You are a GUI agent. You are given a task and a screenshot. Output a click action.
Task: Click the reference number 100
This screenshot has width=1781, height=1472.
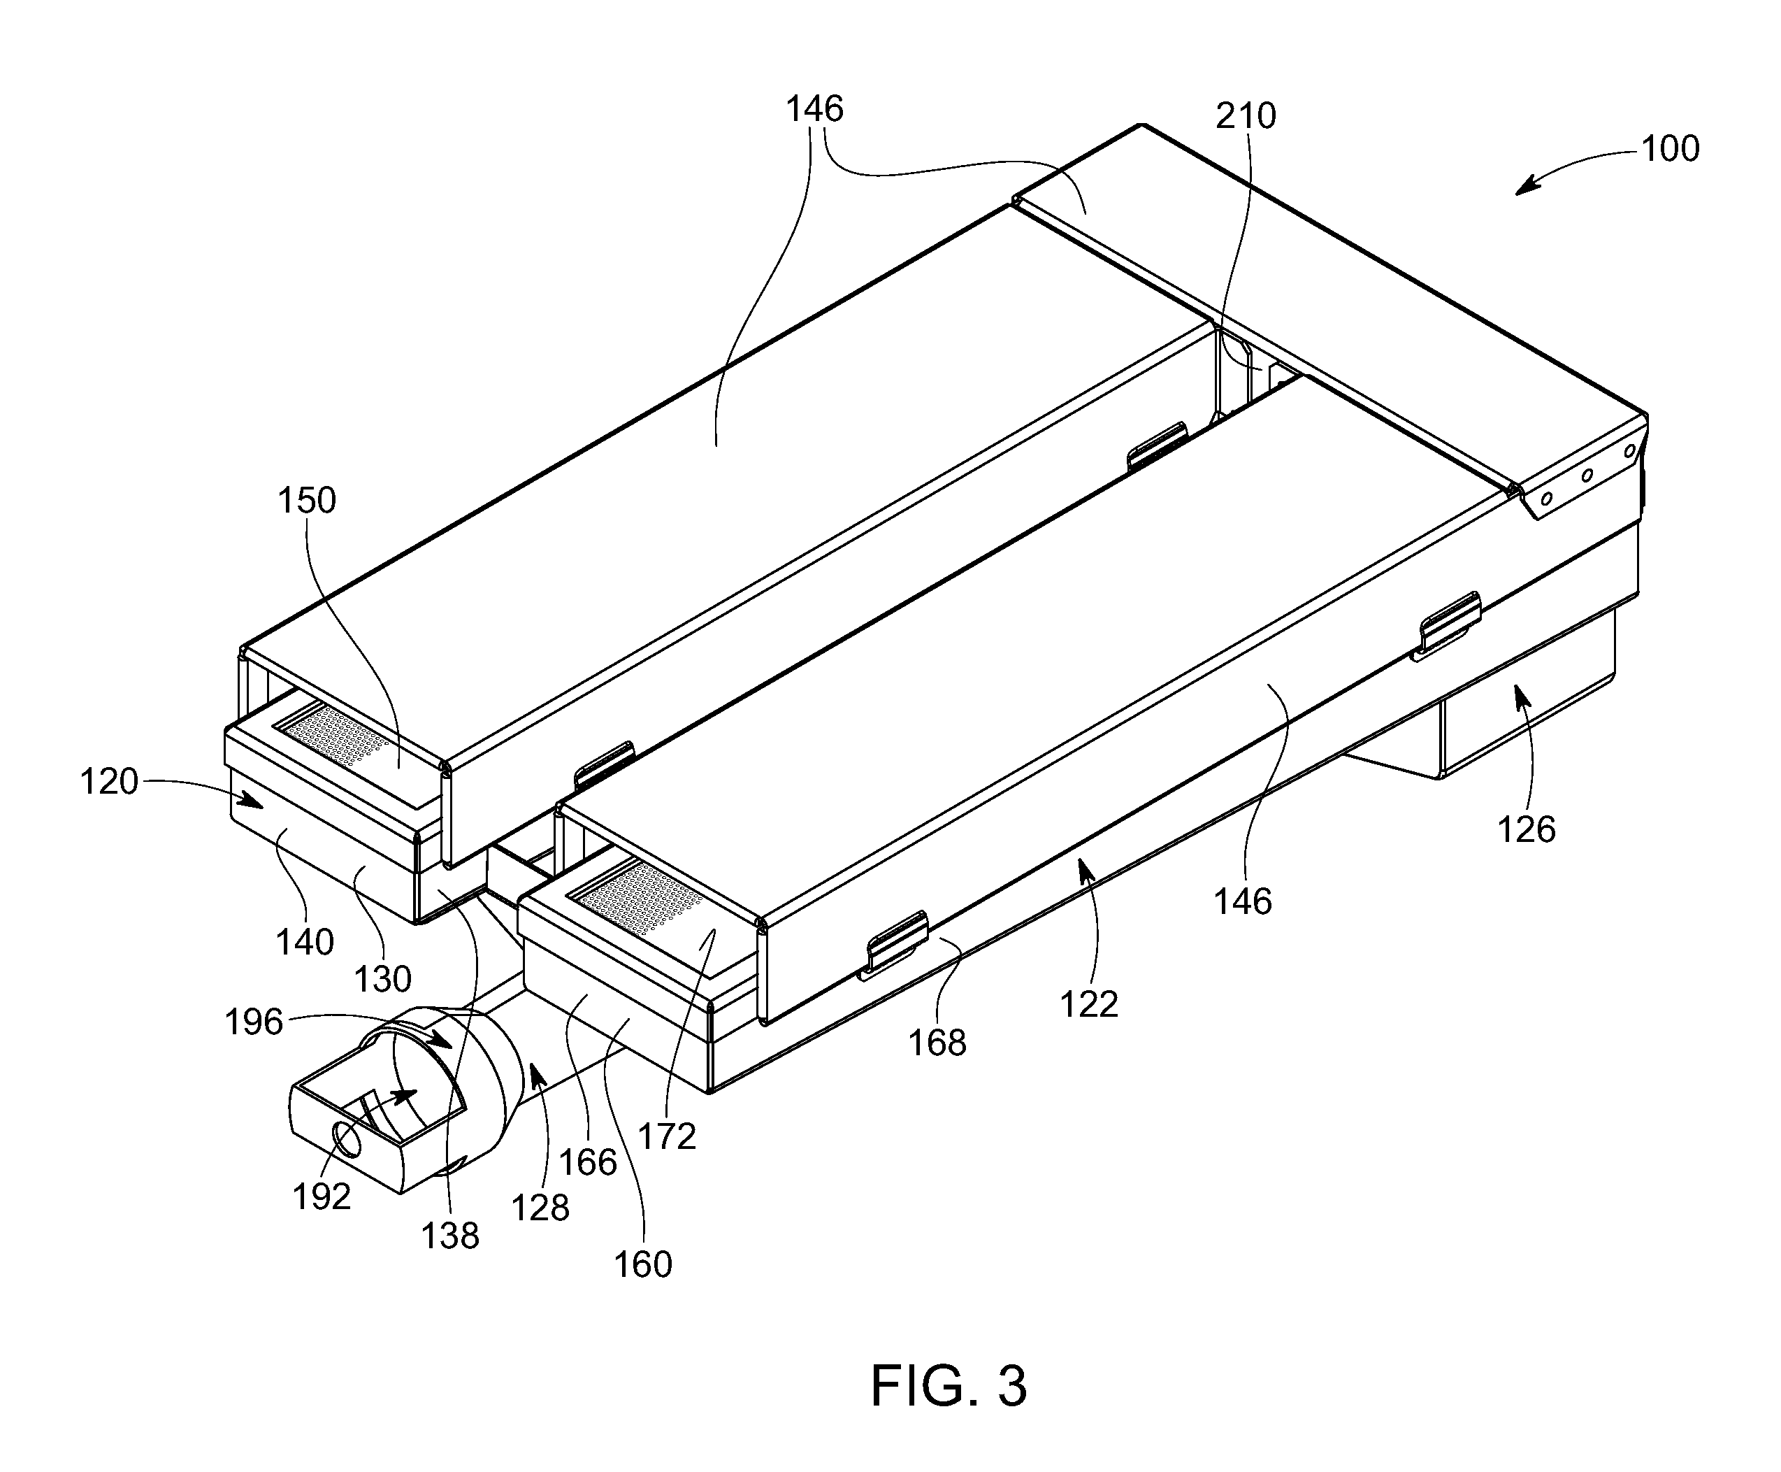[x=1670, y=148]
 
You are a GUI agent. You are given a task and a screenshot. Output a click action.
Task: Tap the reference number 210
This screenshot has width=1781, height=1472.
[x=1246, y=115]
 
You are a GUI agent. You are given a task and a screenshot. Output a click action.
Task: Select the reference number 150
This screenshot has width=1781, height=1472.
[x=307, y=501]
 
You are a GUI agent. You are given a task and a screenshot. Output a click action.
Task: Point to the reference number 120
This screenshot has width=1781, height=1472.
[x=108, y=781]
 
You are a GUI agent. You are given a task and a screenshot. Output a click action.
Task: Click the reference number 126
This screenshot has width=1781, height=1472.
[x=1526, y=829]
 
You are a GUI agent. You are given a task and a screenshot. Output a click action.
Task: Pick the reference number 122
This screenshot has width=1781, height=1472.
[x=1089, y=1005]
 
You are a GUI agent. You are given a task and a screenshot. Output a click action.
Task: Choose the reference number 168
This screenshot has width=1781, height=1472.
[x=937, y=1043]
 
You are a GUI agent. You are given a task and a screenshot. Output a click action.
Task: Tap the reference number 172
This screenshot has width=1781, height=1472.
[x=666, y=1136]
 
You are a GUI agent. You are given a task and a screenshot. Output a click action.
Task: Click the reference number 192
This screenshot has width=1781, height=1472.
[x=322, y=1196]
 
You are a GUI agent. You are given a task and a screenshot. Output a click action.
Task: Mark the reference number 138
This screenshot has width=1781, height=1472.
[x=450, y=1236]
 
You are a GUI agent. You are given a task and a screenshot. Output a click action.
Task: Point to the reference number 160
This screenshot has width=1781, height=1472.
[x=642, y=1264]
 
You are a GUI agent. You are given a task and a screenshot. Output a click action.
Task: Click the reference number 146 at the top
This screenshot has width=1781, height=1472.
[x=814, y=109]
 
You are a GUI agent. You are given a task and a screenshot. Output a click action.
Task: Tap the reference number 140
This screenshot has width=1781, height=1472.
[x=304, y=942]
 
